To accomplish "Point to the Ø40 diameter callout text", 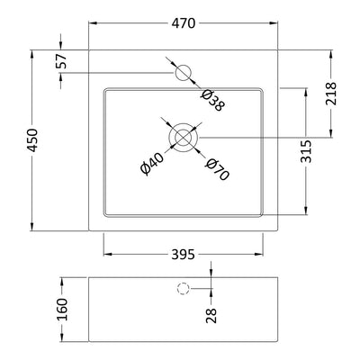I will coord(152,163).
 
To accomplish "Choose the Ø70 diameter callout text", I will coord(216,168).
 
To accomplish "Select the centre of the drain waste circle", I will coord(184,137).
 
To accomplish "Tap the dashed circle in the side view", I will coord(184,289).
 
